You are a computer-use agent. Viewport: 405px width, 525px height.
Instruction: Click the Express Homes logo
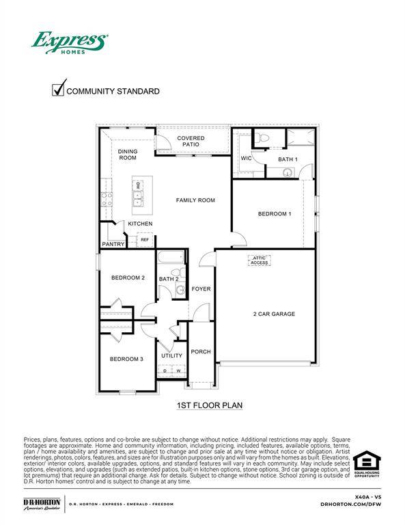68,42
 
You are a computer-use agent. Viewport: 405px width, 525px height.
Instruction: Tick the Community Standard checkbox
59,90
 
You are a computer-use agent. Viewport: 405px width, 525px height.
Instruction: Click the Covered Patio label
191,142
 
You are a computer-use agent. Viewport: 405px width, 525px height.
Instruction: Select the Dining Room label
128,154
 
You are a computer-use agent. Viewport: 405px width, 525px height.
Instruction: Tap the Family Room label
195,200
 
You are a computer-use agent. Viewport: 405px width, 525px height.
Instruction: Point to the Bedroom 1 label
275,214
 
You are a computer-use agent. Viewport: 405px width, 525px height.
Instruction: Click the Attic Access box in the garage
260,260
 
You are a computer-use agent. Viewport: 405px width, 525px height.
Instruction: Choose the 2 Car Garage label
274,314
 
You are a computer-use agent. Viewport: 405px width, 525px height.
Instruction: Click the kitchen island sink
138,196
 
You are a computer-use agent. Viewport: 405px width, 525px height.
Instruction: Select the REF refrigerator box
145,240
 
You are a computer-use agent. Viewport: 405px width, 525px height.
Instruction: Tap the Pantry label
113,244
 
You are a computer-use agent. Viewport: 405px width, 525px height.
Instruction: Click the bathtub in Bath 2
171,259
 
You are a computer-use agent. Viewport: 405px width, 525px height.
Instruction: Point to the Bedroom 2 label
128,278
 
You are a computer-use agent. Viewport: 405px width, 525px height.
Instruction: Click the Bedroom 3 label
126,359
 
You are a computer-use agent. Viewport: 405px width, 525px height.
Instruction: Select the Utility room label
171,355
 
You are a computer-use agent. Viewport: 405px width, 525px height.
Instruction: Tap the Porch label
201,351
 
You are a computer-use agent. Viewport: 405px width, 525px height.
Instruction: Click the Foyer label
201,288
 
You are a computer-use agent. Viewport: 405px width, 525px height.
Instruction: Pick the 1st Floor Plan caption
210,405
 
